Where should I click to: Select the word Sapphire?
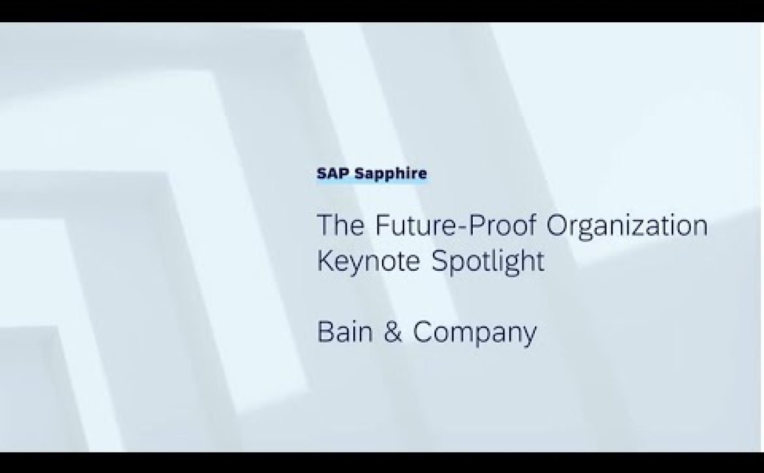[390, 174]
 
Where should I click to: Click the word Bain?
[345, 332]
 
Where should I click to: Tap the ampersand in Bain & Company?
[392, 332]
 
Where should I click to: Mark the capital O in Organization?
[557, 225]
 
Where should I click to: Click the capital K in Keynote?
[326, 261]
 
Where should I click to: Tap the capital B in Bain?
[326, 332]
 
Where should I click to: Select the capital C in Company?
[423, 332]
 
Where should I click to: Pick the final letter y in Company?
[529, 338]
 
